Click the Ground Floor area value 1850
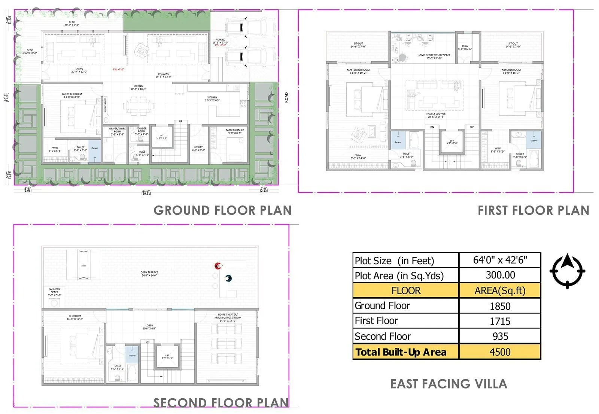pyautogui.click(x=500, y=306)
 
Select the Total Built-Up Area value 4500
pyautogui.click(x=500, y=352)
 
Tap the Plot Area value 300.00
pyautogui.click(x=500, y=275)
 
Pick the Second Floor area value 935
pyautogui.click(x=500, y=336)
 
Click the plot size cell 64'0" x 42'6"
pyautogui.click(x=500, y=260)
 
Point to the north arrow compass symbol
pyautogui.click(x=567, y=271)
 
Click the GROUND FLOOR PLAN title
pyautogui.click(x=222, y=210)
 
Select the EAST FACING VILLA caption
pyautogui.click(x=449, y=384)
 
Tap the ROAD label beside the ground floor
pyautogui.click(x=286, y=98)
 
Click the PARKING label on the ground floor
pyautogui.click(x=221, y=40)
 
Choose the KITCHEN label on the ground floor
pyautogui.click(x=212, y=98)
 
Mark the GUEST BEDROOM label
pyautogui.click(x=72, y=94)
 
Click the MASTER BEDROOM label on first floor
pyautogui.click(x=358, y=70)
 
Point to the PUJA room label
pyautogui.click(x=465, y=46)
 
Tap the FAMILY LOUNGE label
pyautogui.click(x=436, y=114)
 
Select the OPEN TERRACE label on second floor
pyautogui.click(x=149, y=273)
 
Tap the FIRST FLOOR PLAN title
pyautogui.click(x=533, y=210)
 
